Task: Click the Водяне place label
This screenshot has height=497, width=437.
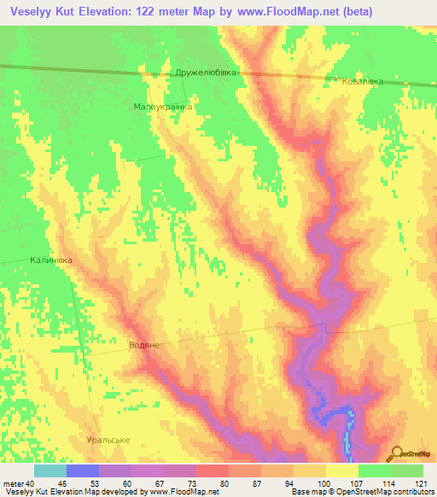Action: point(144,344)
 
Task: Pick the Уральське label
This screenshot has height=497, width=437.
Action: point(108,439)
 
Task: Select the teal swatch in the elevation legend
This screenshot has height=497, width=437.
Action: point(50,471)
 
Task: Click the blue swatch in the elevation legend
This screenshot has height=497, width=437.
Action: point(83,471)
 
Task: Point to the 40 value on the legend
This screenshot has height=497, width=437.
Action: point(30,483)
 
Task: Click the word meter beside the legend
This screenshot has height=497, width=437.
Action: point(13,483)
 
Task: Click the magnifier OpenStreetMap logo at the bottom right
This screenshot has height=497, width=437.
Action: point(409,453)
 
